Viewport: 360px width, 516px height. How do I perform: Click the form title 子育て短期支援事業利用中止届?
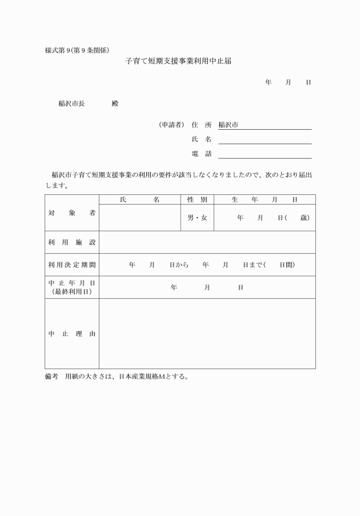178,61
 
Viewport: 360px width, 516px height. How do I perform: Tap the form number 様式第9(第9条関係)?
77,50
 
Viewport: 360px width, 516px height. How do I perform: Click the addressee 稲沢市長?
71,103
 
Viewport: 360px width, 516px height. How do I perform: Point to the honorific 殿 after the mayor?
115,103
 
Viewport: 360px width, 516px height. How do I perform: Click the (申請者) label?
171,125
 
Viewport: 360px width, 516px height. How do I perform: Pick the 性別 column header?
197,199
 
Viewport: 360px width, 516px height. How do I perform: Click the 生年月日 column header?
265,199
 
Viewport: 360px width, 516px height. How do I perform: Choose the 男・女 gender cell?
197,218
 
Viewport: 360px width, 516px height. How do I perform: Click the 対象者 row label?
72,213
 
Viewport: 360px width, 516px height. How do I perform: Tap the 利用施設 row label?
72,242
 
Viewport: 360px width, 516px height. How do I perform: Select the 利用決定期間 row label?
72,265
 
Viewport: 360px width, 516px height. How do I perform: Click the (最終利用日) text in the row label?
72,291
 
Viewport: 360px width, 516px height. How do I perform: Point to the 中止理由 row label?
72,334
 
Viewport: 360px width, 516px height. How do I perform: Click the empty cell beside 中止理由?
207,334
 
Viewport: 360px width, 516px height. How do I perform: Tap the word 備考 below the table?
52,377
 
